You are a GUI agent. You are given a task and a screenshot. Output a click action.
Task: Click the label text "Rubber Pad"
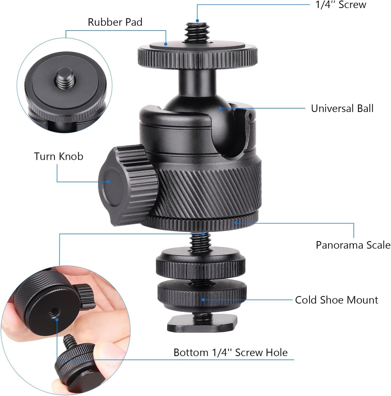coord(115,22)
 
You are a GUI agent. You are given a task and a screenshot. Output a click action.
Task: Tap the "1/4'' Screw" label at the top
coord(341,5)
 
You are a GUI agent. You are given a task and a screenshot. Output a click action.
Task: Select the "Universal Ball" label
coord(342,108)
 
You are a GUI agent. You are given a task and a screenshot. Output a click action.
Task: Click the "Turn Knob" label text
coord(58,156)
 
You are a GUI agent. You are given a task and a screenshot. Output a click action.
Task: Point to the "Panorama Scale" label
coord(353,245)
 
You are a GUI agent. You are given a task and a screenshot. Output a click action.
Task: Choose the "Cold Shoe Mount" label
coord(336,300)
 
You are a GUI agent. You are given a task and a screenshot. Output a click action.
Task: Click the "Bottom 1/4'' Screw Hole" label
coord(230,352)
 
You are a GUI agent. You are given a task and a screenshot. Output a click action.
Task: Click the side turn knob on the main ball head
coord(127,184)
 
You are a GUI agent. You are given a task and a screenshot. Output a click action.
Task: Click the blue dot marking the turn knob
coord(108,182)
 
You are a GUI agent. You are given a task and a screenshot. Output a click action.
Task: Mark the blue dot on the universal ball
coord(221,108)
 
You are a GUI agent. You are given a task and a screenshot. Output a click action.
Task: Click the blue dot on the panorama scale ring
coord(236,223)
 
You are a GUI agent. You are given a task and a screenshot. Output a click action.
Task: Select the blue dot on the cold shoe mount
coord(203,300)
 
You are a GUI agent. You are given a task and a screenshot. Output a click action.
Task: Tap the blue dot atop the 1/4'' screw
coord(198,21)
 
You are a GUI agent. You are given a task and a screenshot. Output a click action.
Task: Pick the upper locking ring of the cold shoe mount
coord(200,262)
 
